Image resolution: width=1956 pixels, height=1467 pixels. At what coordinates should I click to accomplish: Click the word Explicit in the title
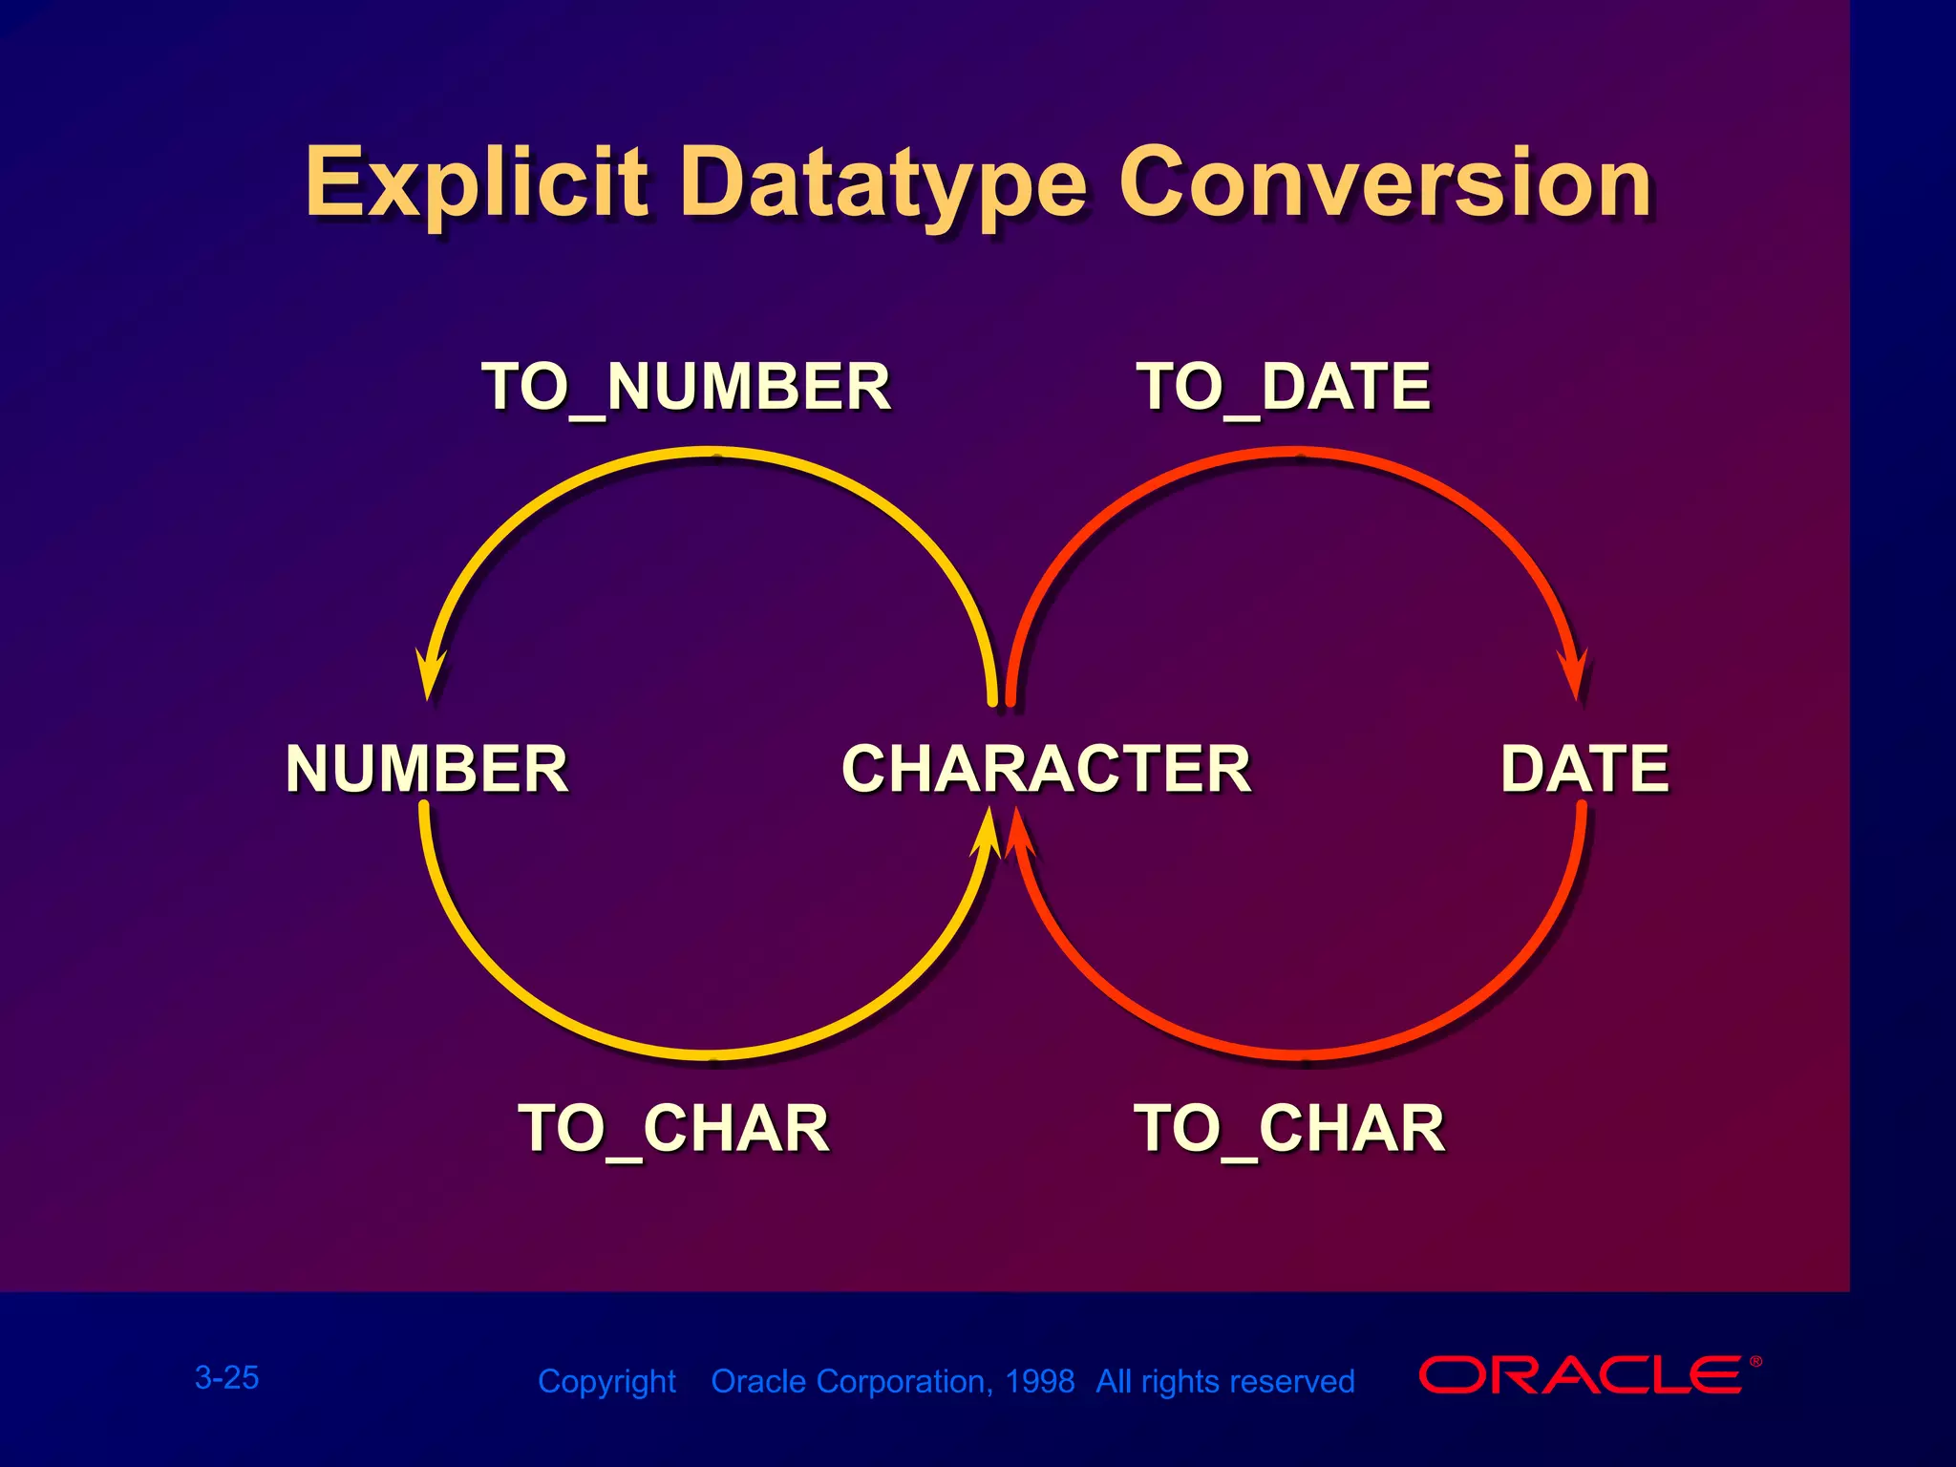pyautogui.click(x=475, y=182)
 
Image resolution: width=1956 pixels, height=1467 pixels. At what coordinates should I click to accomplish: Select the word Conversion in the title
pyautogui.click(x=1385, y=182)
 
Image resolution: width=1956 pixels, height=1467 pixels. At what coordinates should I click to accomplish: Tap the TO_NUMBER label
pyautogui.click(x=686, y=387)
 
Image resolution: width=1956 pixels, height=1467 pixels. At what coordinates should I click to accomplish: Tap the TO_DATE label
pyautogui.click(x=1283, y=387)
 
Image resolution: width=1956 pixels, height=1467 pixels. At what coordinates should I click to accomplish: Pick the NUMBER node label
pyautogui.click(x=427, y=769)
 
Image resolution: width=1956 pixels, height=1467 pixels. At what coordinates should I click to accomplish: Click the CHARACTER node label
pyautogui.click(x=1047, y=769)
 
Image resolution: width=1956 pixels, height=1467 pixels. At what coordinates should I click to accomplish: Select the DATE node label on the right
pyautogui.click(x=1584, y=769)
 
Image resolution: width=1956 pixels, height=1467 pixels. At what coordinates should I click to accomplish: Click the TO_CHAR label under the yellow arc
pyautogui.click(x=673, y=1129)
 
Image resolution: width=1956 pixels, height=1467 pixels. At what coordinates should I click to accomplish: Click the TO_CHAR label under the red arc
pyautogui.click(x=1289, y=1129)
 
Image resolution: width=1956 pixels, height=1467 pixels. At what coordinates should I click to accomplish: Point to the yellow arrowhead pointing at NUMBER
pyautogui.click(x=430, y=674)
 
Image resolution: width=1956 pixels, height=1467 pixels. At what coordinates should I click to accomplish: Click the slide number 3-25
pyautogui.click(x=226, y=1377)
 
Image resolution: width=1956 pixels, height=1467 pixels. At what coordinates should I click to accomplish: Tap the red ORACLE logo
pyautogui.click(x=1581, y=1375)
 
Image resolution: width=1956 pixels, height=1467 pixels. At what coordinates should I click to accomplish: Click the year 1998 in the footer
pyautogui.click(x=1040, y=1381)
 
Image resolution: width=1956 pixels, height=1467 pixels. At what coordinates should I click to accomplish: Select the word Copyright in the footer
pyautogui.click(x=606, y=1381)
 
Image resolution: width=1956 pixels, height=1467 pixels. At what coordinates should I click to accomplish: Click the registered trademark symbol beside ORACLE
pyautogui.click(x=1755, y=1362)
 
